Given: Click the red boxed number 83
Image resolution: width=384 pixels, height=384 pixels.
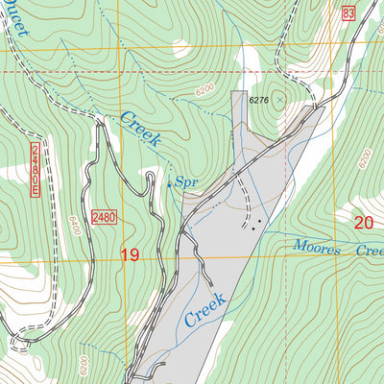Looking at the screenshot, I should [347, 12].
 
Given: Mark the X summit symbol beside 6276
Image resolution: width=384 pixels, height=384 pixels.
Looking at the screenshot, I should [280, 98].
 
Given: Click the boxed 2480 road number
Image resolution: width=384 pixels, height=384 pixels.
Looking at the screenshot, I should [104, 217].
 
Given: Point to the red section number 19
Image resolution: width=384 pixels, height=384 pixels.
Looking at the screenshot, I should [131, 254].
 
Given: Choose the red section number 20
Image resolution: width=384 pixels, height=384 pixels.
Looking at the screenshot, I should [362, 223].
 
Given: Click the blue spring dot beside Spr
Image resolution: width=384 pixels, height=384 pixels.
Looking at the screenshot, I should [170, 183].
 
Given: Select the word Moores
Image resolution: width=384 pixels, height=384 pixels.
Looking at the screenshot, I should [318, 249].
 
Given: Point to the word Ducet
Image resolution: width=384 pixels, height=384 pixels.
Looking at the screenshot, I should [17, 21].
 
